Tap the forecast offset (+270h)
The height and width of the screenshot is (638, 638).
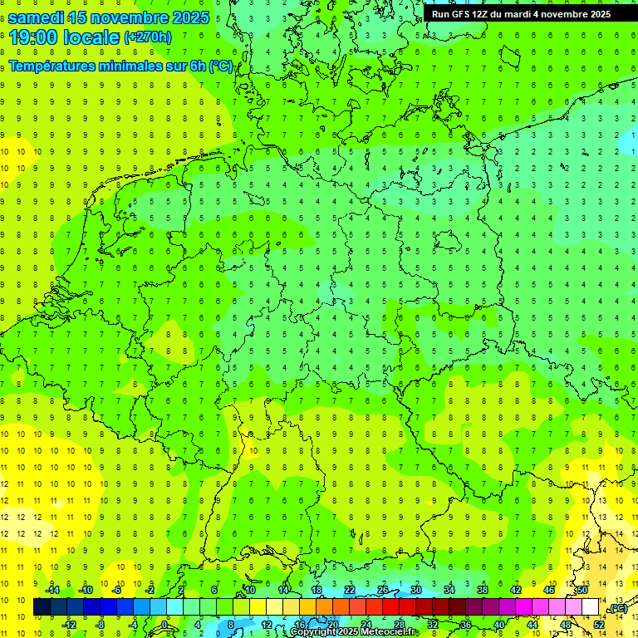click(148, 37)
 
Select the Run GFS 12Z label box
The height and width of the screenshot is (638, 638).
click(521, 14)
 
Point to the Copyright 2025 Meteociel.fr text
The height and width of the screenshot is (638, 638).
click(353, 632)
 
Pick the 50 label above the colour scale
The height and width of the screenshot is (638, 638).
click(583, 590)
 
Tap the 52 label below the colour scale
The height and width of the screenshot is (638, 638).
click(599, 624)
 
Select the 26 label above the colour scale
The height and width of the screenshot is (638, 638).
click(383, 590)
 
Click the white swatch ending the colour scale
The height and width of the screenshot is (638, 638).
click(591, 607)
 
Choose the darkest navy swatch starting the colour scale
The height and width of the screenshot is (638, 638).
click(42, 607)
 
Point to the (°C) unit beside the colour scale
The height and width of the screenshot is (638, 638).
click(617, 608)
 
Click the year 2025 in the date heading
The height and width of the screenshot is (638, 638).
click(190, 17)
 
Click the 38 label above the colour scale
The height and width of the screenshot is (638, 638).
click(483, 590)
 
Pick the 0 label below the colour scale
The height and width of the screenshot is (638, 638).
click(164, 624)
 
